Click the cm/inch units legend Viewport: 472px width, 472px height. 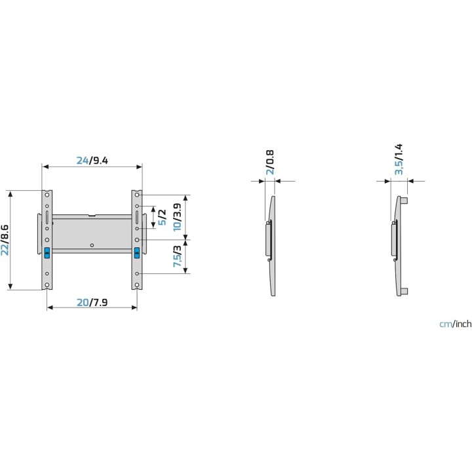[455, 324]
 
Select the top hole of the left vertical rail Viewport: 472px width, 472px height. [47, 194]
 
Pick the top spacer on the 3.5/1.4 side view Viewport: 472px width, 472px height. [406, 199]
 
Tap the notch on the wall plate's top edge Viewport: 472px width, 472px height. [92, 214]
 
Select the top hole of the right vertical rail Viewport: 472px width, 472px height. [136, 194]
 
